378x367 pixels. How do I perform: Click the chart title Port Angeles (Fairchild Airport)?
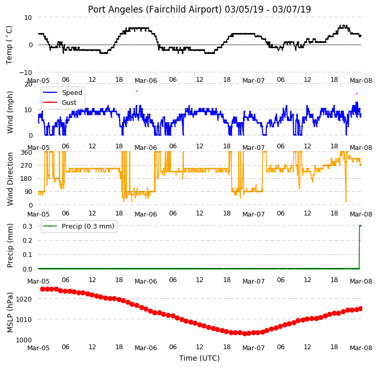click(x=155, y=9)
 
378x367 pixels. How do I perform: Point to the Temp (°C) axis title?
click(x=9, y=45)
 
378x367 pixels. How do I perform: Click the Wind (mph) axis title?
click(x=10, y=112)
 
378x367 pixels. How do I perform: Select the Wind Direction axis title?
click(x=10, y=179)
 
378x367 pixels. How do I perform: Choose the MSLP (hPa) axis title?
click(x=10, y=312)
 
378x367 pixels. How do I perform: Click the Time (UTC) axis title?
click(x=199, y=358)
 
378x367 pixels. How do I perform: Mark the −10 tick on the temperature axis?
click(x=26, y=72)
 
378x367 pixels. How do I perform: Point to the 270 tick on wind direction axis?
click(x=27, y=166)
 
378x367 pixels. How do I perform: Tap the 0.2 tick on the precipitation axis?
click(x=27, y=241)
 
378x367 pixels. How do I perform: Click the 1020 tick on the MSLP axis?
click(x=24, y=299)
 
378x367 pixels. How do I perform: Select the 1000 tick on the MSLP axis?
click(x=24, y=340)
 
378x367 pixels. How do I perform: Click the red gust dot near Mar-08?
click(x=357, y=93)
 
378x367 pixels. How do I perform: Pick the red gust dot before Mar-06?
click(x=137, y=91)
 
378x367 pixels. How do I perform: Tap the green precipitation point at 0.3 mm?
click(x=360, y=226)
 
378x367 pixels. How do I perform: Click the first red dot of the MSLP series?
click(x=43, y=289)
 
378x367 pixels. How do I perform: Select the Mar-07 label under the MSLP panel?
click(x=253, y=348)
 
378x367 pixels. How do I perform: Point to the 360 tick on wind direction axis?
click(x=27, y=153)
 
